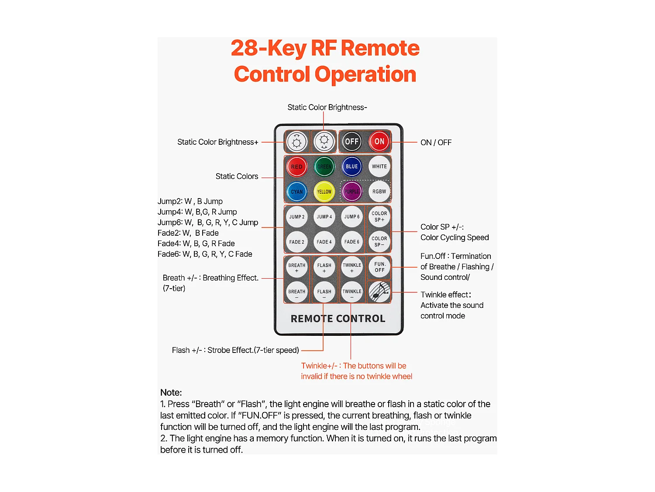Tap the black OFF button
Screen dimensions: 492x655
pyautogui.click(x=352, y=141)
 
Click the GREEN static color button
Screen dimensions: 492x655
pyautogui.click(x=324, y=167)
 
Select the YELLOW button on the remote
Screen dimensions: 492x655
pyautogui.click(x=324, y=192)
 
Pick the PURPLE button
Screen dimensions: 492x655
pyautogui.click(x=352, y=192)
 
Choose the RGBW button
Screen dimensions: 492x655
pyautogui.click(x=379, y=192)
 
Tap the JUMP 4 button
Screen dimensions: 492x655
pyautogui.click(x=324, y=217)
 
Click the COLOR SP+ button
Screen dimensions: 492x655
pyautogui.click(x=379, y=216)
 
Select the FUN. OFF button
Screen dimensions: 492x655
pyautogui.click(x=379, y=267)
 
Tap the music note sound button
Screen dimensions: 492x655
pyautogui.click(x=379, y=291)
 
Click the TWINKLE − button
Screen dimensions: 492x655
pyautogui.click(x=352, y=292)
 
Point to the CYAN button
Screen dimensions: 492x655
pyautogui.click(x=296, y=192)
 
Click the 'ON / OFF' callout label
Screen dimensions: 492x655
pyautogui.click(x=436, y=143)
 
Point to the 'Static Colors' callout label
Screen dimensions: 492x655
pyautogui.click(x=237, y=176)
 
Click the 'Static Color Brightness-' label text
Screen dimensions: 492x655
pyautogui.click(x=327, y=108)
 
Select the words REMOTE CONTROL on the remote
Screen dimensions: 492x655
pyautogui.click(x=338, y=319)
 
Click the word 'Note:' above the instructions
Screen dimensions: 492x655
pyautogui.click(x=171, y=392)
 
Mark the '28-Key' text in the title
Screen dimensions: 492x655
pyautogui.click(x=268, y=48)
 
